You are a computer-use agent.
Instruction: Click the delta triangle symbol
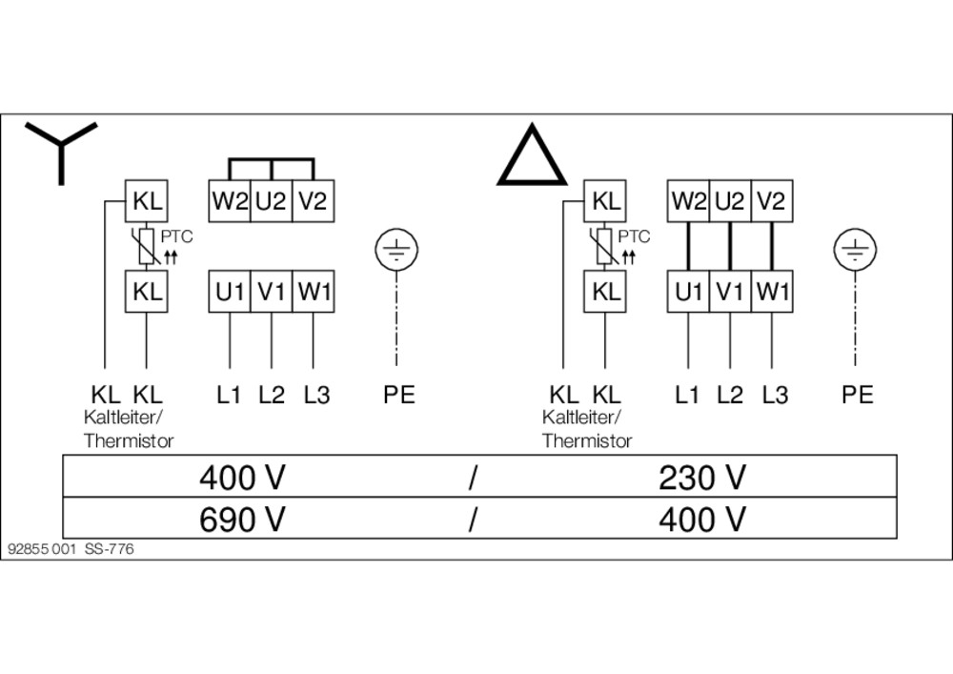click(x=532, y=158)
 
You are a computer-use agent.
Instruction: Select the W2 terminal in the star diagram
click(x=230, y=201)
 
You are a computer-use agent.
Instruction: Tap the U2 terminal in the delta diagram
click(x=729, y=201)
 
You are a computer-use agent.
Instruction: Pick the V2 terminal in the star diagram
click(x=314, y=201)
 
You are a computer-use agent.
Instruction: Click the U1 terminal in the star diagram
click(x=230, y=292)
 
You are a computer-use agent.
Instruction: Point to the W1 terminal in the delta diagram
click(x=772, y=292)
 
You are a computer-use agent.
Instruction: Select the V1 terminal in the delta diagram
click(x=729, y=292)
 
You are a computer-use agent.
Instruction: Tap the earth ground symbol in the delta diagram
click(x=855, y=251)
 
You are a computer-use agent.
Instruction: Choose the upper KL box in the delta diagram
click(x=606, y=201)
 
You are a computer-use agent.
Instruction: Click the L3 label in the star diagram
click(x=316, y=394)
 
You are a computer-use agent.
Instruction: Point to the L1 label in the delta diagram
click(x=687, y=394)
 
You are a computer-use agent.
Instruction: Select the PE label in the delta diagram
click(x=857, y=394)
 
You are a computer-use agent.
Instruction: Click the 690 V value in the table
click(x=243, y=520)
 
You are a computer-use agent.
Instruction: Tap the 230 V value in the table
click(x=702, y=477)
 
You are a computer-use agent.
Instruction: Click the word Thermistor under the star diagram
click(x=130, y=440)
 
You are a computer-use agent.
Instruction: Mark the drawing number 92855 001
click(x=41, y=549)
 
